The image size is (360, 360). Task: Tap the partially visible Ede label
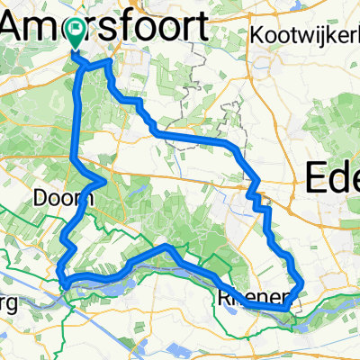click(333, 177)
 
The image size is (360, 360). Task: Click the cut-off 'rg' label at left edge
click(8, 300)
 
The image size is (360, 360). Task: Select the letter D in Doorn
click(39, 197)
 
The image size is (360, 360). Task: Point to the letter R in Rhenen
click(223, 296)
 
